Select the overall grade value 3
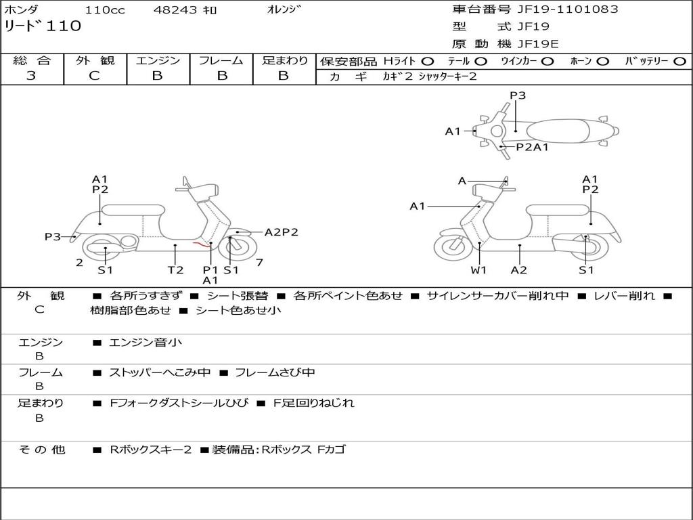(x=31, y=76)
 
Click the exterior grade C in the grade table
(x=94, y=76)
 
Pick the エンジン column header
(x=158, y=61)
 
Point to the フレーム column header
(x=221, y=61)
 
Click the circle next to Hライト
(x=428, y=61)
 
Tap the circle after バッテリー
(x=679, y=61)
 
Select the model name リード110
(x=43, y=26)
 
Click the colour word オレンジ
(x=282, y=9)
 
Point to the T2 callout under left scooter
(x=175, y=269)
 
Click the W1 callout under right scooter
(x=479, y=269)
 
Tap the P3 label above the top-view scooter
(x=518, y=95)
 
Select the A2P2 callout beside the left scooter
(x=281, y=232)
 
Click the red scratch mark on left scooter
(x=200, y=244)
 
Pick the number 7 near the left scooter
(x=260, y=262)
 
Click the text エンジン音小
(x=145, y=343)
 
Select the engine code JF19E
(x=537, y=44)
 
